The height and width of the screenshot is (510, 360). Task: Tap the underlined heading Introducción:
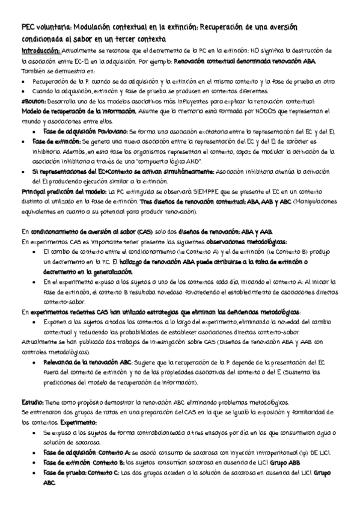tap(40, 51)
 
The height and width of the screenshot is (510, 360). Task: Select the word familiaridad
tap(324, 412)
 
